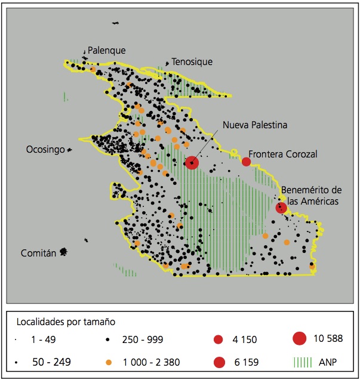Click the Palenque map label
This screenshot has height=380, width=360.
107,51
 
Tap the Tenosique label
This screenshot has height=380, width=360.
192,61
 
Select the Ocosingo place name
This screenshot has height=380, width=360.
45,150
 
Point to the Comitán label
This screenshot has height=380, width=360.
38,253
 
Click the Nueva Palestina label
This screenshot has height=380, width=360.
255,125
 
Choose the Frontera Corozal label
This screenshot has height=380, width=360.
283,154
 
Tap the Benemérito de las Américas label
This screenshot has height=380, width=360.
310,195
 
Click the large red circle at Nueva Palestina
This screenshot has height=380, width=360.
192,162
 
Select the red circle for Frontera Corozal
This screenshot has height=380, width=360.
246,162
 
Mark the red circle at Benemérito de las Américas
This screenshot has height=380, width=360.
281,208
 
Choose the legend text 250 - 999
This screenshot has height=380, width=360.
142,340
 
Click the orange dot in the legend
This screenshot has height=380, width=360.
108,362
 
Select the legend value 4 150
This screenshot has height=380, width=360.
244,340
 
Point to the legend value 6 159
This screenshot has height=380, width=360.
244,362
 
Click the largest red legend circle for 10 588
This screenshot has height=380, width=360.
301,338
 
